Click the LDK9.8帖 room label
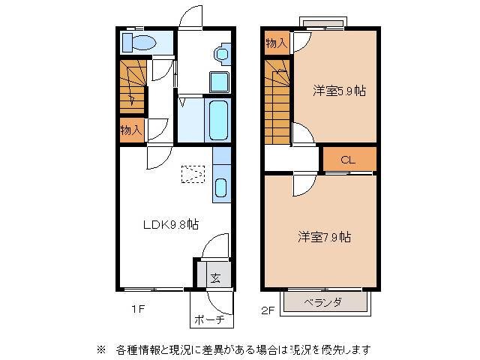(171, 223)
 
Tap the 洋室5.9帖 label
(339, 91)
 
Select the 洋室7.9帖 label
(324, 237)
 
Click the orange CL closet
(349, 159)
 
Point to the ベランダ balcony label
(323, 302)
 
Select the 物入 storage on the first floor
(130, 129)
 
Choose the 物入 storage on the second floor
(276, 43)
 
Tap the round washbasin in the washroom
(220, 54)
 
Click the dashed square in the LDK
(193, 174)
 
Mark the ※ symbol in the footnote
(100, 349)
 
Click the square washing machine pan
(220, 81)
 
